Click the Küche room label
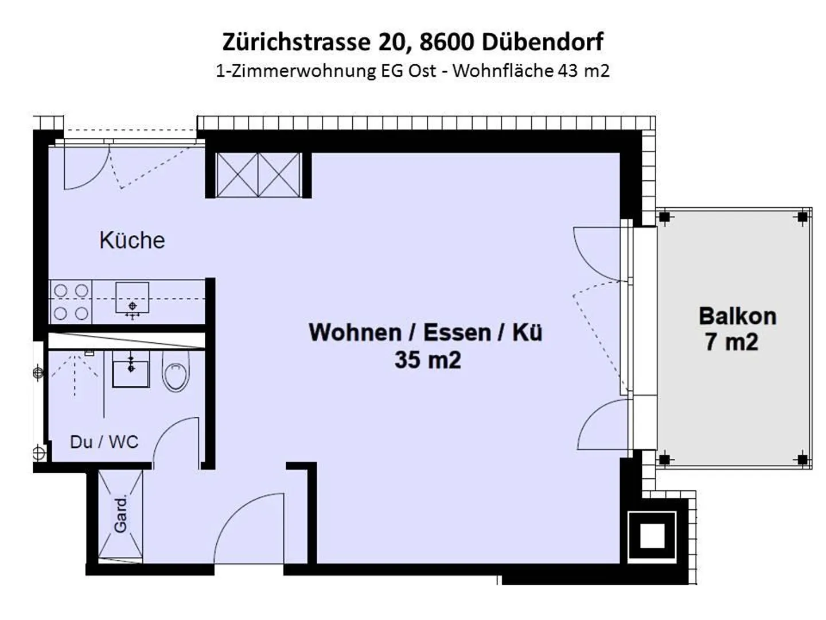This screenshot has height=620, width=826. [x=132, y=240]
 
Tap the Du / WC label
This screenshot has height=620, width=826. [x=104, y=441]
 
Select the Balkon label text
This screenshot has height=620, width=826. [x=737, y=316]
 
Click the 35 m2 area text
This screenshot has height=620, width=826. [x=427, y=360]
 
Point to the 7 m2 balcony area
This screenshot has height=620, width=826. [x=731, y=342]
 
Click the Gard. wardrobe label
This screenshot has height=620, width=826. [x=120, y=515]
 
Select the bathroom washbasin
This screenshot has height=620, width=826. [x=131, y=370]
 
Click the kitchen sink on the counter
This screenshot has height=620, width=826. [x=132, y=298]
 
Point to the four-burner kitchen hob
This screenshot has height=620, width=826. [x=71, y=301]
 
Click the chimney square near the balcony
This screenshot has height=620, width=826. [x=652, y=536]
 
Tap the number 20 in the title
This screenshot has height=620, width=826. [x=392, y=42]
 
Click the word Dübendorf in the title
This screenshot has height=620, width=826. [x=543, y=42]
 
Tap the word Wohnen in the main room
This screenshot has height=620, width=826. [x=354, y=332]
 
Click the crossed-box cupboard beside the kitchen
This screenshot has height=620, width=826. [x=258, y=175]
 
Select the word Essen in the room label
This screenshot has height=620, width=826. [x=457, y=332]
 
